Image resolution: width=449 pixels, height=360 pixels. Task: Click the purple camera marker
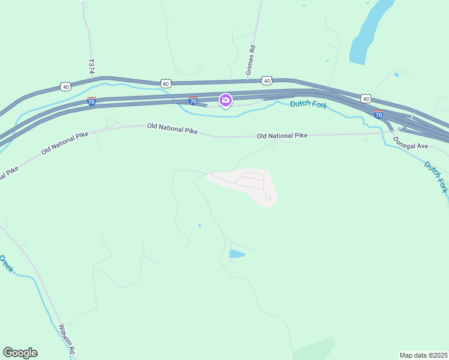(x=226, y=100)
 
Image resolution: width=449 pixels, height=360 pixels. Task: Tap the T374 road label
(x=91, y=67)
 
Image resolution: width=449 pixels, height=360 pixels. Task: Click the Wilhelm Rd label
(x=67, y=340)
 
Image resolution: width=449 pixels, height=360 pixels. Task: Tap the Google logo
(x=20, y=353)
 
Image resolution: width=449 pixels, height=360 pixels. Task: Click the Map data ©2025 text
(x=423, y=355)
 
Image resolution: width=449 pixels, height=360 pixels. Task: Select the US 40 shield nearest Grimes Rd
(x=267, y=80)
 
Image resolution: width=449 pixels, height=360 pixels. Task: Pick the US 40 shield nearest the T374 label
(x=65, y=87)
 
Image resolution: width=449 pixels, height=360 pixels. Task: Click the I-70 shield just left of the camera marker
(x=193, y=101)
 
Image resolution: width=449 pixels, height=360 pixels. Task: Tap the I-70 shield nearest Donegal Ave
(x=378, y=113)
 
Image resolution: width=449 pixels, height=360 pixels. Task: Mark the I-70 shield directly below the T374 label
(x=91, y=101)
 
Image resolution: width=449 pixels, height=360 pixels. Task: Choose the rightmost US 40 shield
(x=366, y=97)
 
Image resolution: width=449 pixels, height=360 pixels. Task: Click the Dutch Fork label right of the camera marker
(x=308, y=104)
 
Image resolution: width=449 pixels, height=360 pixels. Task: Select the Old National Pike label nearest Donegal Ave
(x=282, y=136)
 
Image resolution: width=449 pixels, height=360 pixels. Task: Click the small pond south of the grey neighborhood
(x=237, y=254)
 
